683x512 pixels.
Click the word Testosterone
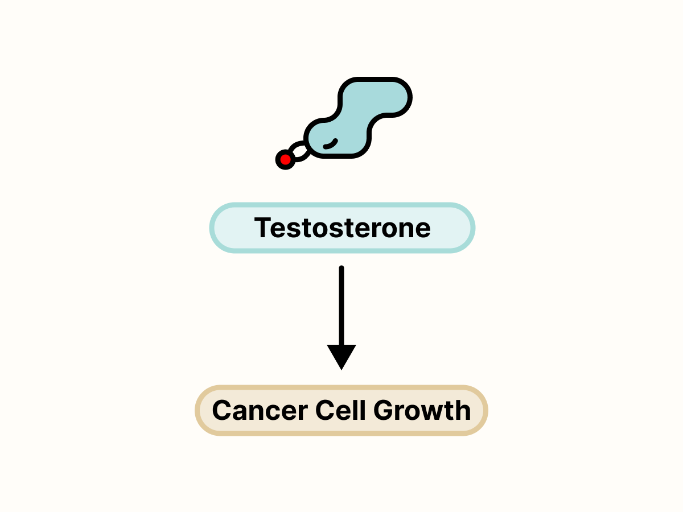(342, 228)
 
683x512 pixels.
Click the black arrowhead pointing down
(341, 356)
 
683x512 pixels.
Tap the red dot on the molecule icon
(285, 160)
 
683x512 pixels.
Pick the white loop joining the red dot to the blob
(299, 151)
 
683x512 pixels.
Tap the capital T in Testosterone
(262, 228)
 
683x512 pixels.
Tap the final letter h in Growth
(463, 411)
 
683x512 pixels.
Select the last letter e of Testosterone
(422, 229)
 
